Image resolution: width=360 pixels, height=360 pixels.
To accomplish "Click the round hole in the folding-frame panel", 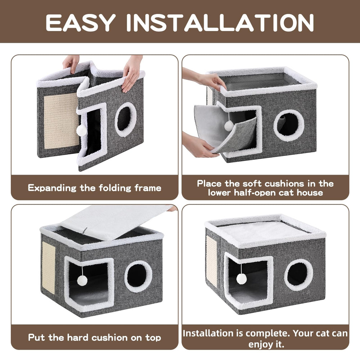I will pos(125,119).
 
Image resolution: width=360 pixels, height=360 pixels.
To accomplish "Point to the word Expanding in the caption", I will pos(52,188).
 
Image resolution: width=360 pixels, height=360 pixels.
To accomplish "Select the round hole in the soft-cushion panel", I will pos(288,125).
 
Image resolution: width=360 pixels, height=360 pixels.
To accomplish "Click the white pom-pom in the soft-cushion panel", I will pos(229,125).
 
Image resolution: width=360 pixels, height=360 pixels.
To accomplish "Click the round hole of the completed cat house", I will pos(298,274).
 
